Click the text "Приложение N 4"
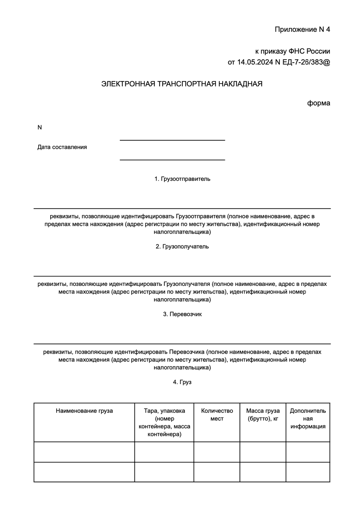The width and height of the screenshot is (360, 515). click(302, 30)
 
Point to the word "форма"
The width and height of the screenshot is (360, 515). click(318, 103)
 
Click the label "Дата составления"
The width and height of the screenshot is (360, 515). click(62, 147)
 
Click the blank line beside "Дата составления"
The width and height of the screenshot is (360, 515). click(172, 159)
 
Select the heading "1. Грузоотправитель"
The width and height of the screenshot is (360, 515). click(182, 179)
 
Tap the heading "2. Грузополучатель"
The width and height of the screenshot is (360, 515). click(182, 247)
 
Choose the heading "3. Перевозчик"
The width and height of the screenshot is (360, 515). click(182, 315)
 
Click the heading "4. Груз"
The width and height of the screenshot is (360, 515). click(182, 382)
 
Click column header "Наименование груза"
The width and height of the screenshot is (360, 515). click(84, 411)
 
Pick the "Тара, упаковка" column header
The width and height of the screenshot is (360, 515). click(164, 422)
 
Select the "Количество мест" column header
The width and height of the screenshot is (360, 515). click(217, 415)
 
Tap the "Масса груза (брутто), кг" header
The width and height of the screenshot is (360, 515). click(263, 415)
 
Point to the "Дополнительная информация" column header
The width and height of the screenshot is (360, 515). click(308, 419)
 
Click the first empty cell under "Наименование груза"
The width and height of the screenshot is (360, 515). click(84, 452)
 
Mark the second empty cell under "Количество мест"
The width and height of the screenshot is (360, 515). click(217, 472)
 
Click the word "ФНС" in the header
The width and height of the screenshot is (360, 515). click(296, 51)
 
